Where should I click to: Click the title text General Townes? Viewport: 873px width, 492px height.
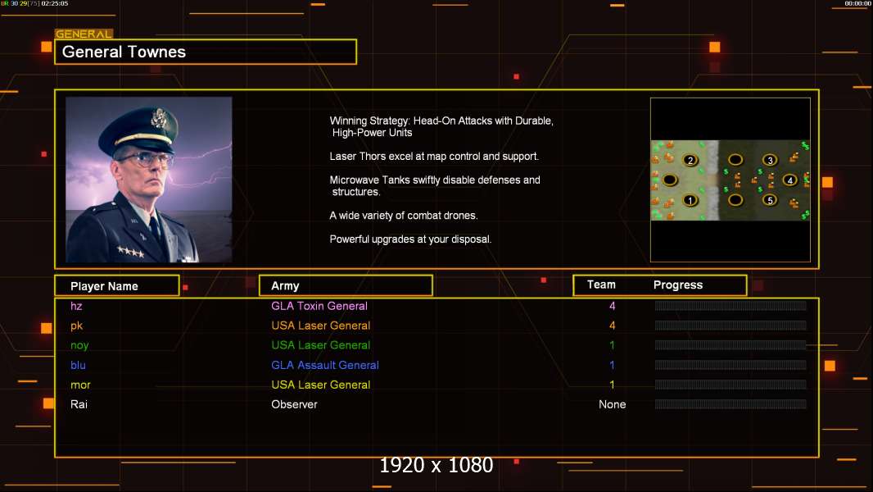coord(124,52)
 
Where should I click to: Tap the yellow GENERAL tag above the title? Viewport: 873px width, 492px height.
coord(84,34)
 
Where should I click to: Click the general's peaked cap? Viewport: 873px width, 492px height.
coord(138,127)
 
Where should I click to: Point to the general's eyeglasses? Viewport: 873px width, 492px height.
coord(145,161)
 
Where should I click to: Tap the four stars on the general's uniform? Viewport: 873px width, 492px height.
coord(131,252)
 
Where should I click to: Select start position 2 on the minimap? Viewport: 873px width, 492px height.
coord(690,161)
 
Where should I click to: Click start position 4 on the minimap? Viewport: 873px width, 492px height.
coord(789,180)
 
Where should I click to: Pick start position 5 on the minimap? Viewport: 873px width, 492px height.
coord(770,200)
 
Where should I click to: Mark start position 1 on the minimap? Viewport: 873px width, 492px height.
coord(690,200)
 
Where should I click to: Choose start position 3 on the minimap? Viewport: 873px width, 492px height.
coord(770,161)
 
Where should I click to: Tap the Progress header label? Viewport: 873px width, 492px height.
coord(677,285)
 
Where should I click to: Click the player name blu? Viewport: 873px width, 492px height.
coord(78,365)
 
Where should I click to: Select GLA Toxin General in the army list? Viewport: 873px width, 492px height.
coord(319,306)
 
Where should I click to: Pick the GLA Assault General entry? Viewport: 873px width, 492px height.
coord(324,365)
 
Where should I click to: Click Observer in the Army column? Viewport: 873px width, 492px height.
coord(294,404)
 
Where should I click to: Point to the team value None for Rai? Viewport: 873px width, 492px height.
coord(612,404)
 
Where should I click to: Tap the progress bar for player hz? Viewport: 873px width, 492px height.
coord(731,305)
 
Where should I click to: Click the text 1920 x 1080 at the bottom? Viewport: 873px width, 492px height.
coord(436,465)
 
